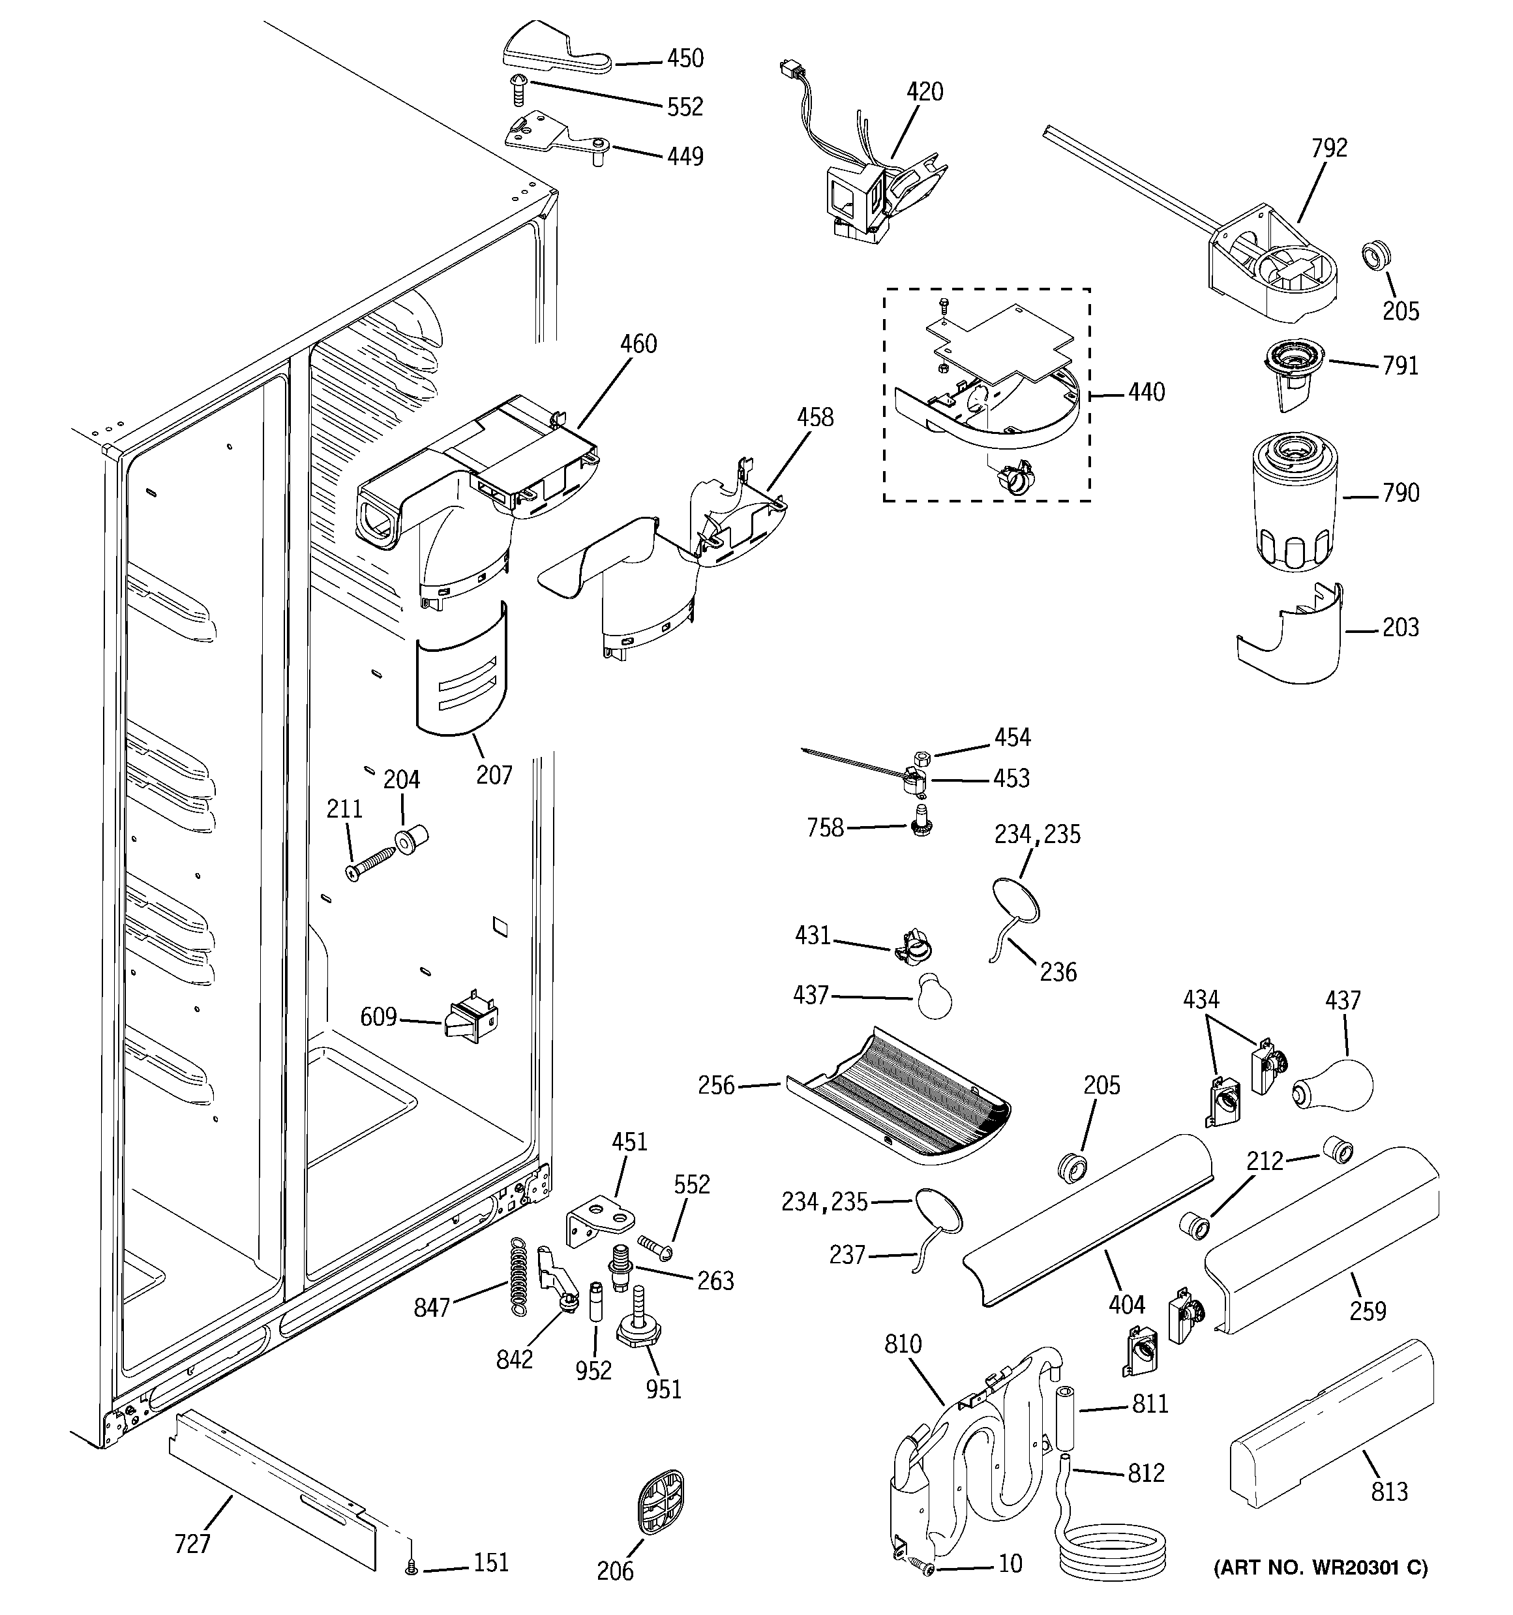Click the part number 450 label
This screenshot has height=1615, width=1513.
(x=685, y=59)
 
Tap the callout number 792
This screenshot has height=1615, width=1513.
(x=1328, y=148)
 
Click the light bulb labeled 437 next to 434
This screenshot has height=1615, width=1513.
(x=1334, y=1084)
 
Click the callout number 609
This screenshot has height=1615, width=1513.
(x=378, y=1017)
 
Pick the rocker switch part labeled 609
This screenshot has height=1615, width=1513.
(x=471, y=1018)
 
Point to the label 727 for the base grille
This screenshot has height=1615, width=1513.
(x=192, y=1545)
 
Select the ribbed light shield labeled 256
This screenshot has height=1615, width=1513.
(x=897, y=1097)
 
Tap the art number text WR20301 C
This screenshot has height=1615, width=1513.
(x=1320, y=1591)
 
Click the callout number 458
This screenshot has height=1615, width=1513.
(x=815, y=418)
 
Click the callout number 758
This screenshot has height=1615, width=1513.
(x=825, y=829)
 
